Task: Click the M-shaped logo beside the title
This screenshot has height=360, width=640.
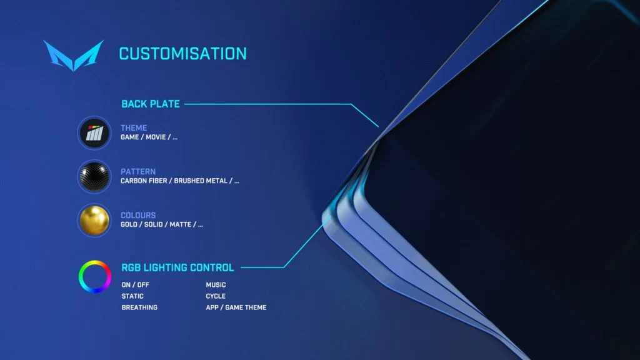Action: (x=74, y=55)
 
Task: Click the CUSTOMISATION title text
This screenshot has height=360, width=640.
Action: (x=183, y=54)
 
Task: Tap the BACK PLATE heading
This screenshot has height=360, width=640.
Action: (x=151, y=104)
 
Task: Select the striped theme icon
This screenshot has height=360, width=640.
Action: (x=94, y=133)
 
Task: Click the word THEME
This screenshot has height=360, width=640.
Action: (x=134, y=127)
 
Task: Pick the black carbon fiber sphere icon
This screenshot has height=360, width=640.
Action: (x=94, y=177)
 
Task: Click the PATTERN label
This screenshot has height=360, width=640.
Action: (x=138, y=171)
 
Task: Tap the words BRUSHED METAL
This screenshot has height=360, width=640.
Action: (x=201, y=181)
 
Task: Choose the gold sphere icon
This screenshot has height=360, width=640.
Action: (x=94, y=221)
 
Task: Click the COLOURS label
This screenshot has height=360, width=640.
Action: (x=138, y=215)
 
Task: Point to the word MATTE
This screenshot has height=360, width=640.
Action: (x=181, y=224)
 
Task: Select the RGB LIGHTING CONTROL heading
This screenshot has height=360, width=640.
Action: (x=177, y=267)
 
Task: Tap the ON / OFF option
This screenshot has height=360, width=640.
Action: (x=135, y=285)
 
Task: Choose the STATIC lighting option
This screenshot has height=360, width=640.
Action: (x=132, y=296)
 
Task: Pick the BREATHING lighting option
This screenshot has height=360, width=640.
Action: (x=139, y=307)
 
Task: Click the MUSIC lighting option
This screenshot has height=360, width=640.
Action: (x=216, y=285)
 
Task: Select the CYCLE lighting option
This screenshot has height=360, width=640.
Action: (x=216, y=296)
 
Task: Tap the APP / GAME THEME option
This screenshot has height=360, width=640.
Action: (x=236, y=307)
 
